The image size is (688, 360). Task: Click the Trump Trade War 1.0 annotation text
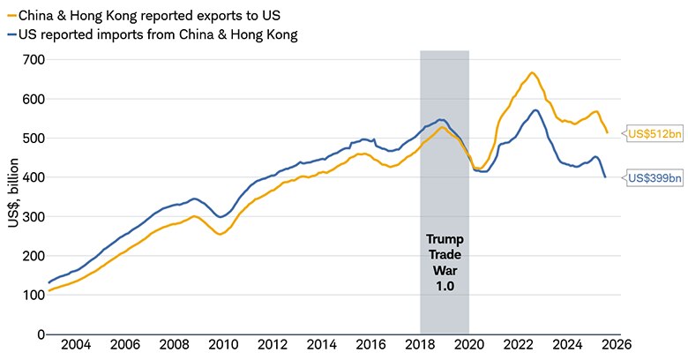(x=444, y=259)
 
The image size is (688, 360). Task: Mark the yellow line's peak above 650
(x=532, y=72)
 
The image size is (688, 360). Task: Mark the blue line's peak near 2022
(x=535, y=110)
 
